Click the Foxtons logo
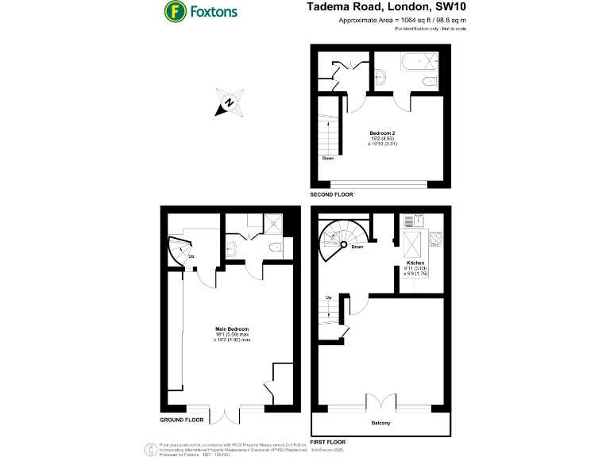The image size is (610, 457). click(199, 12)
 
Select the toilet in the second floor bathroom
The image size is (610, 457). click(381, 76)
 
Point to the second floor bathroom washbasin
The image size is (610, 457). click(429, 81)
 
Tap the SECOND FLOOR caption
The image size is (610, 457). click(332, 194)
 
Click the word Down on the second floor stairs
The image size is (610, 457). click(328, 158)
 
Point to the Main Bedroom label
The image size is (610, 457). click(232, 328)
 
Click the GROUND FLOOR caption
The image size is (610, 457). click(182, 419)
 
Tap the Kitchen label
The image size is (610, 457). click(415, 262)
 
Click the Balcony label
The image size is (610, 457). click(380, 423)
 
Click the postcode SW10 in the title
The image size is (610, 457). click(450, 6)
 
